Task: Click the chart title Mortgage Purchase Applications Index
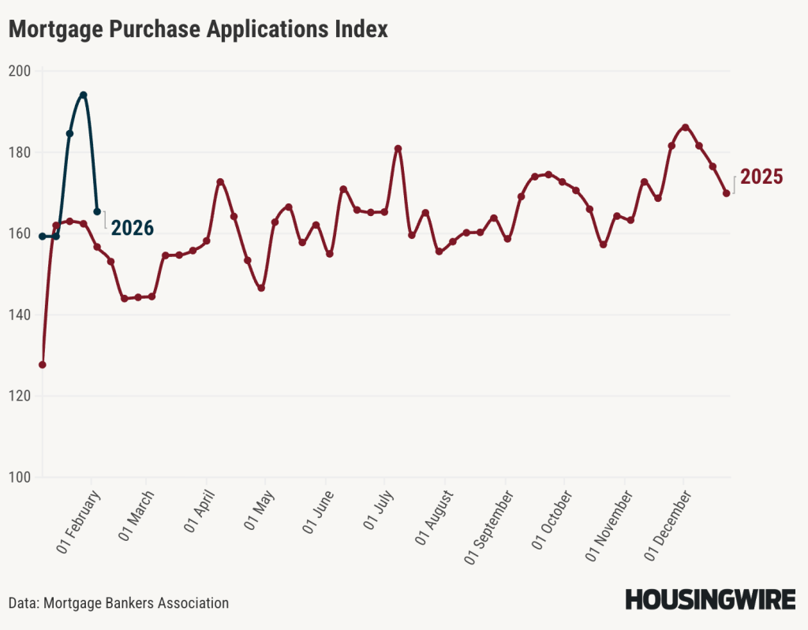point(198,30)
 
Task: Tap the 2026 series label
point(132,228)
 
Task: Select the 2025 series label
point(761,177)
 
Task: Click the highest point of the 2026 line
point(83,95)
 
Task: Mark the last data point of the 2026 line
point(97,211)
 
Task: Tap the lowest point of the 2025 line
point(42,365)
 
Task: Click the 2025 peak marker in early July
point(398,148)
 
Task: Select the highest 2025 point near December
point(685,127)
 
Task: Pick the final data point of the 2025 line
point(726,193)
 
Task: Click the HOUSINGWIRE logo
point(710,599)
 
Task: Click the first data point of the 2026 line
point(42,236)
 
